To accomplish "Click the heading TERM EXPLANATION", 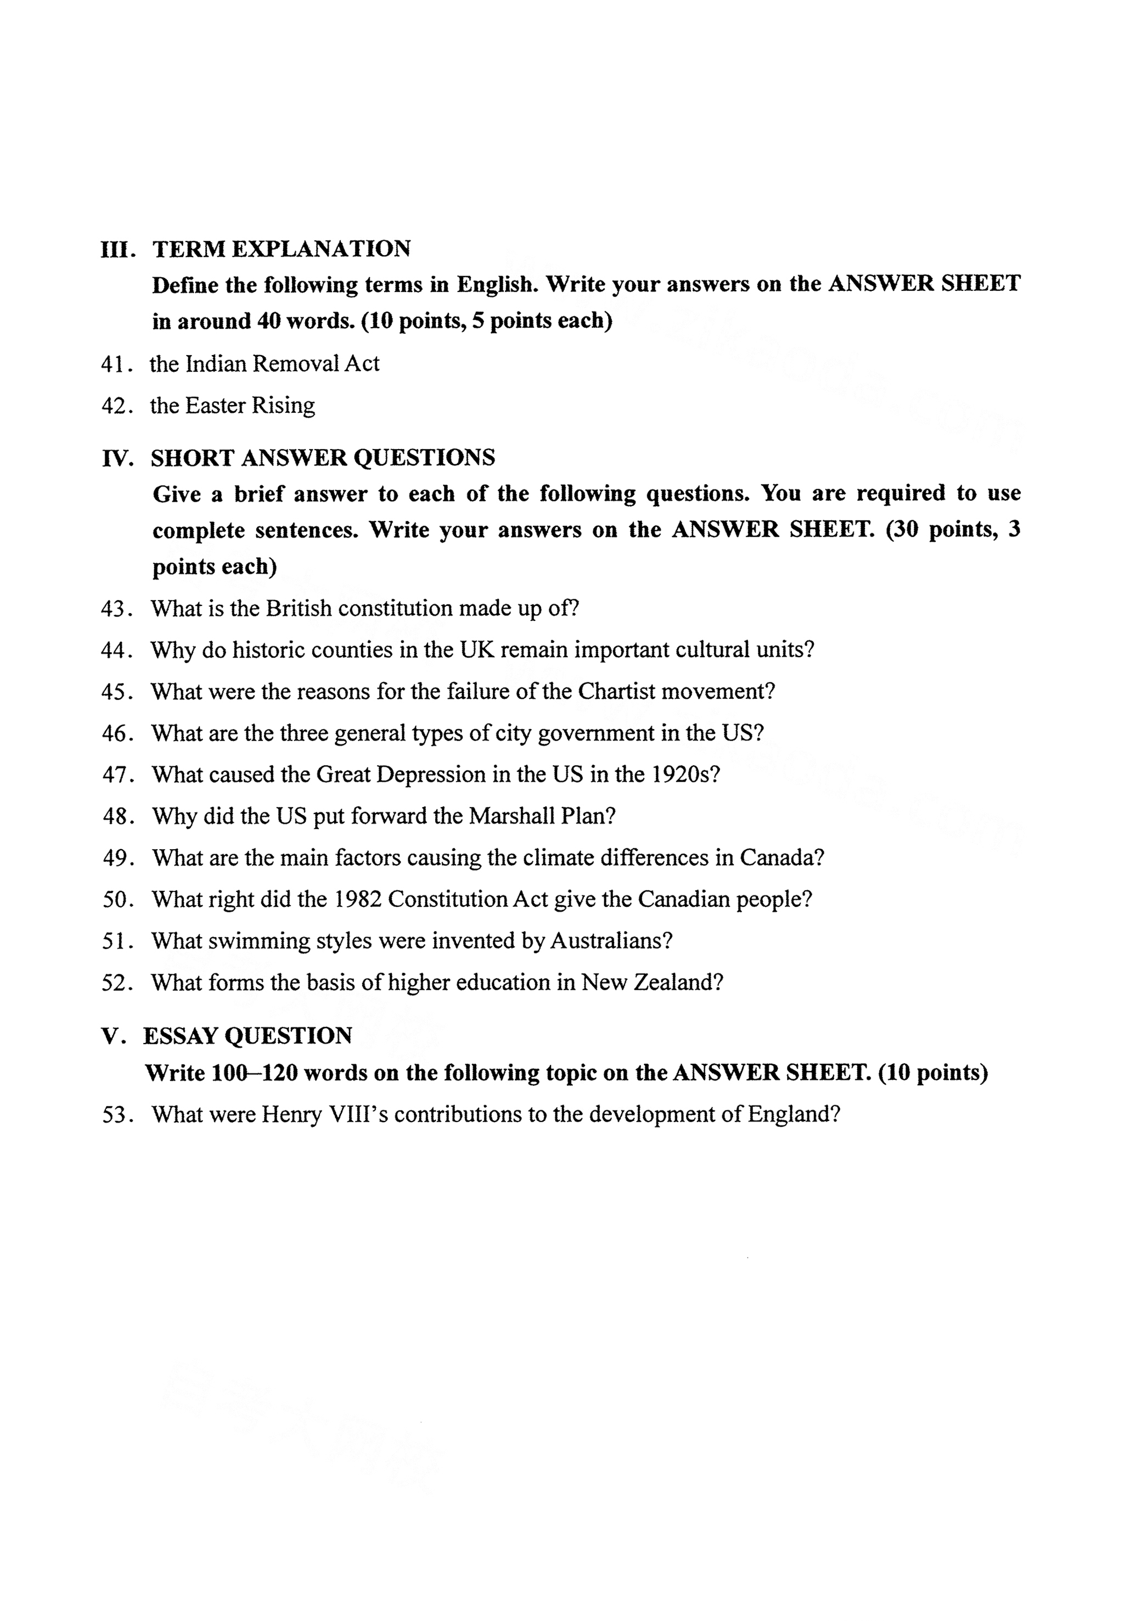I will pos(281,249).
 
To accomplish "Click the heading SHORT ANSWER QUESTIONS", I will pos(323,458).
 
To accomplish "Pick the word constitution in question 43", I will pos(394,609).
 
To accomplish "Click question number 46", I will pos(114,733).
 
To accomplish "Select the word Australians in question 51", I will pos(610,940).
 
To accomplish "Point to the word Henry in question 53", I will pos(291,1115).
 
